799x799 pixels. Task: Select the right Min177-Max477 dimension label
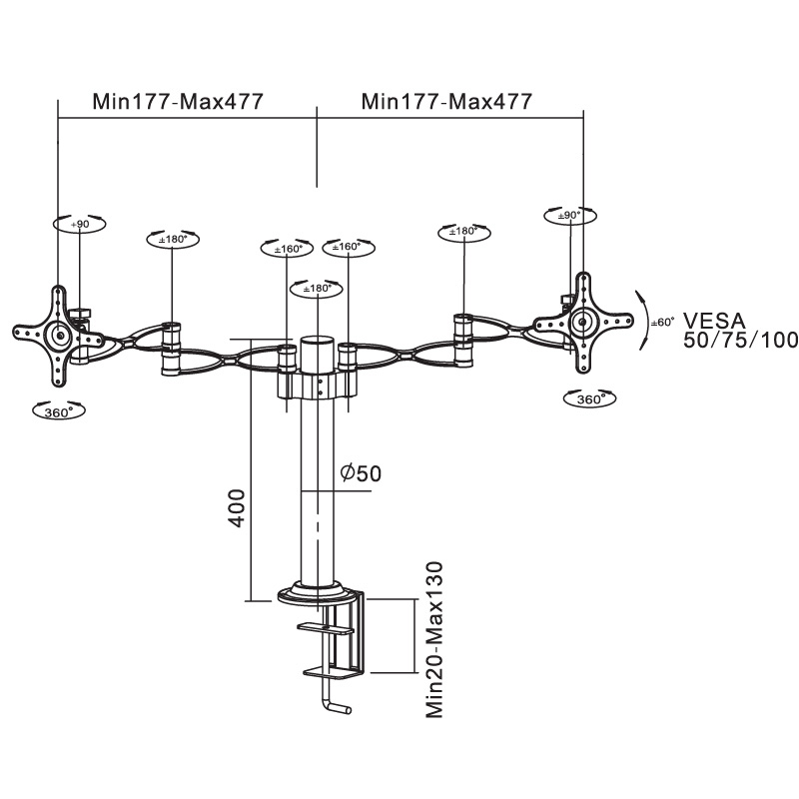tap(446, 101)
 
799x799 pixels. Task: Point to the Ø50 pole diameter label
tap(361, 473)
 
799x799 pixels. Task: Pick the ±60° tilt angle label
tap(662, 322)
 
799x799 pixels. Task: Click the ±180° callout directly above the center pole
tap(316, 289)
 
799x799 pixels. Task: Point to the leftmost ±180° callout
tap(173, 240)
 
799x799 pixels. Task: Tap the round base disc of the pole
tap(318, 595)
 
